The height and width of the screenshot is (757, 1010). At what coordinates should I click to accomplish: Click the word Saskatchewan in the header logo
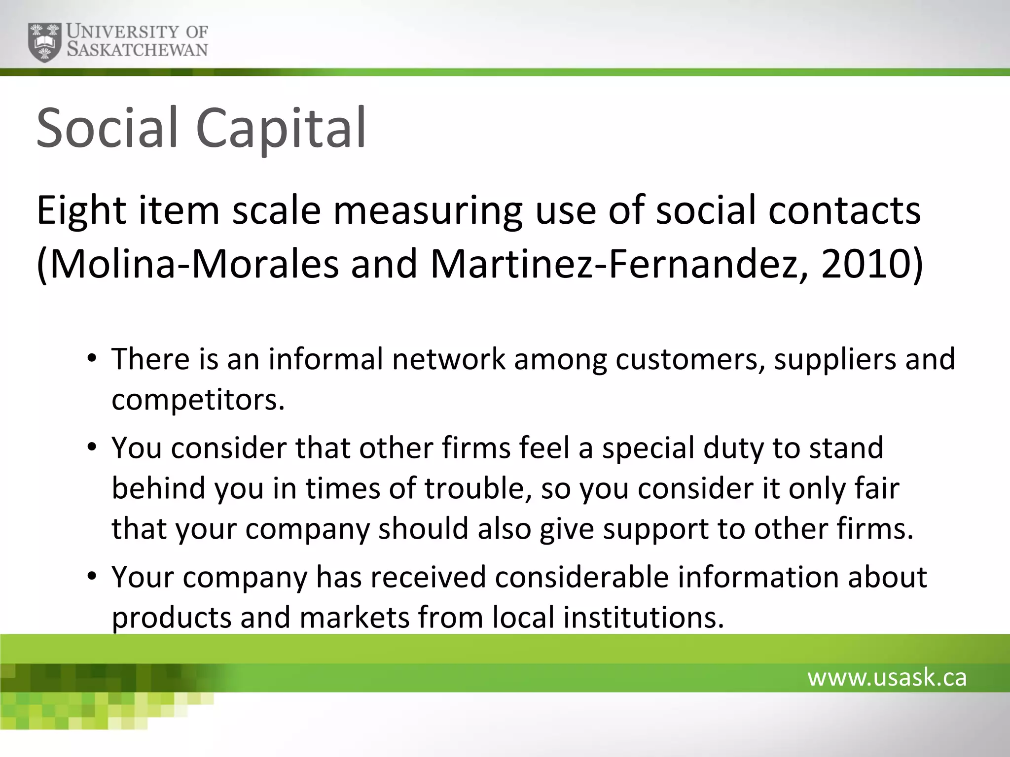(138, 50)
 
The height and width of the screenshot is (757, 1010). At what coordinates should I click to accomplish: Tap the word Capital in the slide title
(281, 129)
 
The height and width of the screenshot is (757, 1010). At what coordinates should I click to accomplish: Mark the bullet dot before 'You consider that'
(91, 447)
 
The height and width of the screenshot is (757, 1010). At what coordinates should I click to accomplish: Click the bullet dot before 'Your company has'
(91, 576)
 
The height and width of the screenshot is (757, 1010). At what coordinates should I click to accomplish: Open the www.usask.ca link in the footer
(887, 678)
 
